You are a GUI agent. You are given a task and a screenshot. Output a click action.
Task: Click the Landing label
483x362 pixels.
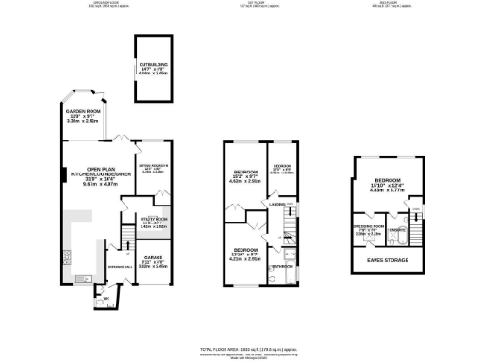(x=276, y=203)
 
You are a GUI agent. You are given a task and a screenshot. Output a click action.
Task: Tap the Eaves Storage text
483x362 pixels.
(x=389, y=259)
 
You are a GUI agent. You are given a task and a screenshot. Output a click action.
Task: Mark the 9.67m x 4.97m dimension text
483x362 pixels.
(x=85, y=185)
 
